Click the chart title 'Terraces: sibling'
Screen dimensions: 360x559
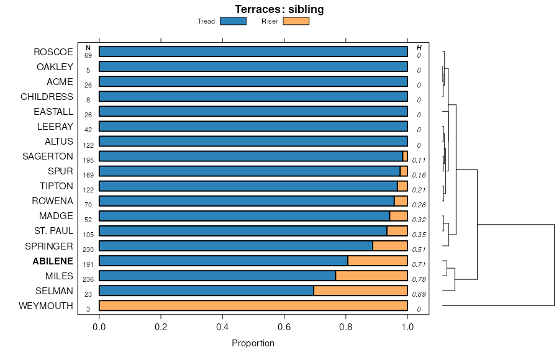(279, 9)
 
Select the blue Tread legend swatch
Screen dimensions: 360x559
(233, 21)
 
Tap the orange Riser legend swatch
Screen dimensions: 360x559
(296, 21)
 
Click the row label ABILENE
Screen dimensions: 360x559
(53, 261)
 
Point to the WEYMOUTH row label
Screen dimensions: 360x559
(46, 305)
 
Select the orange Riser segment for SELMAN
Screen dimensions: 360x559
(360, 290)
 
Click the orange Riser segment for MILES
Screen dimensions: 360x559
(371, 276)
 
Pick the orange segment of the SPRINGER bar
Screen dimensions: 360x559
(390, 246)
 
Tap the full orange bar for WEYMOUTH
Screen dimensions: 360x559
(253, 305)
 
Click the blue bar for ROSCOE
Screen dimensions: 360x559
(253, 52)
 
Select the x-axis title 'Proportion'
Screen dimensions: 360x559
(253, 343)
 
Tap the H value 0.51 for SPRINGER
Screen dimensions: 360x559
(419, 250)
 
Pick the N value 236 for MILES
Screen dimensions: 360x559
(88, 279)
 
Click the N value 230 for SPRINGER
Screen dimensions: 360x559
(88, 250)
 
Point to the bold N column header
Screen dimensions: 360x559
(88, 48)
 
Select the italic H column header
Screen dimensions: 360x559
(419, 48)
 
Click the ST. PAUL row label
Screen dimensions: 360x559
(54, 231)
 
